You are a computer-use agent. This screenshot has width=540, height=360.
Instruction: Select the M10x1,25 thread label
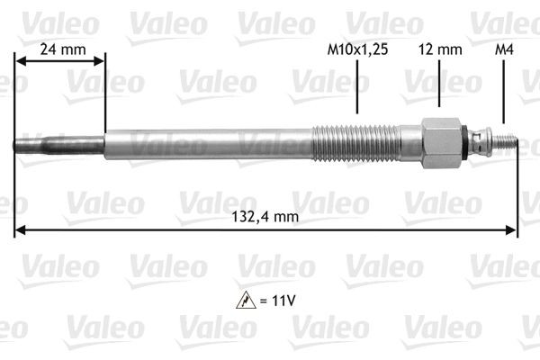point(356,51)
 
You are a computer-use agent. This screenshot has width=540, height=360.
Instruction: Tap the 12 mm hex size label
point(440,51)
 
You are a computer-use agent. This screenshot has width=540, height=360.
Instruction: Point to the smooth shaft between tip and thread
point(207,143)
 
